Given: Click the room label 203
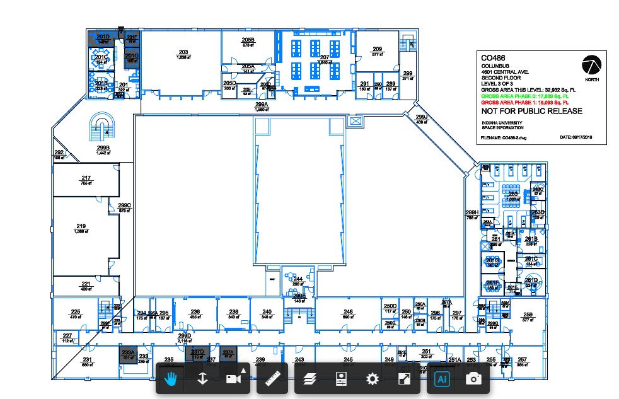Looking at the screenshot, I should pos(183,52).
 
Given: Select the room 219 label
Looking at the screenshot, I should pos(81,226).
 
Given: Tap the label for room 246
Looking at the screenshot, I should pos(348,312).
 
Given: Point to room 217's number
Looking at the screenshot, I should pos(86,178).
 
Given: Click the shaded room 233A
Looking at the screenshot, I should pos(128,353).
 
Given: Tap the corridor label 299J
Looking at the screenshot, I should pos(422,117).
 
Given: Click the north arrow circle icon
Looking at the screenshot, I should pos(591,65).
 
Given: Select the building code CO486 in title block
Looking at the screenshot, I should pos(494,57).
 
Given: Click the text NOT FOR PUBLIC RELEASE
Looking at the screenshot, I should pos(531,111).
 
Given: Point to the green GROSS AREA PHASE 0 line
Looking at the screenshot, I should pos(524,96).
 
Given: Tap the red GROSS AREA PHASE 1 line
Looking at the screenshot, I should pos(524,101).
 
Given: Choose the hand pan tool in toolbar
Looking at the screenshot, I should pos(170,379).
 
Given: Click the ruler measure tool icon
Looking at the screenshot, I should pos(272,379).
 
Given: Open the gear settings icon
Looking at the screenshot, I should pos(372,379).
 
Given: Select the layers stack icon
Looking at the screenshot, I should pos(308,379).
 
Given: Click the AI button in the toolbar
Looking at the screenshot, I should pos(441,379).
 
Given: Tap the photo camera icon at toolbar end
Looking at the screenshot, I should pos(473,379).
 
